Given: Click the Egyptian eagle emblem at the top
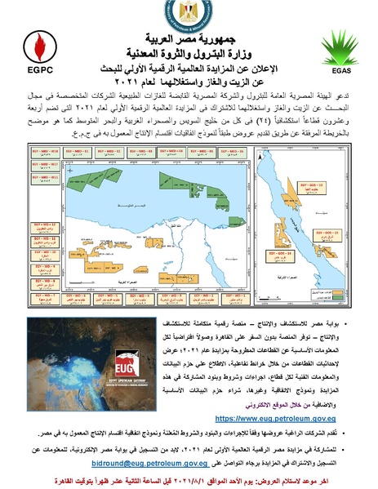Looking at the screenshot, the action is pyautogui.click(x=189, y=14).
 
